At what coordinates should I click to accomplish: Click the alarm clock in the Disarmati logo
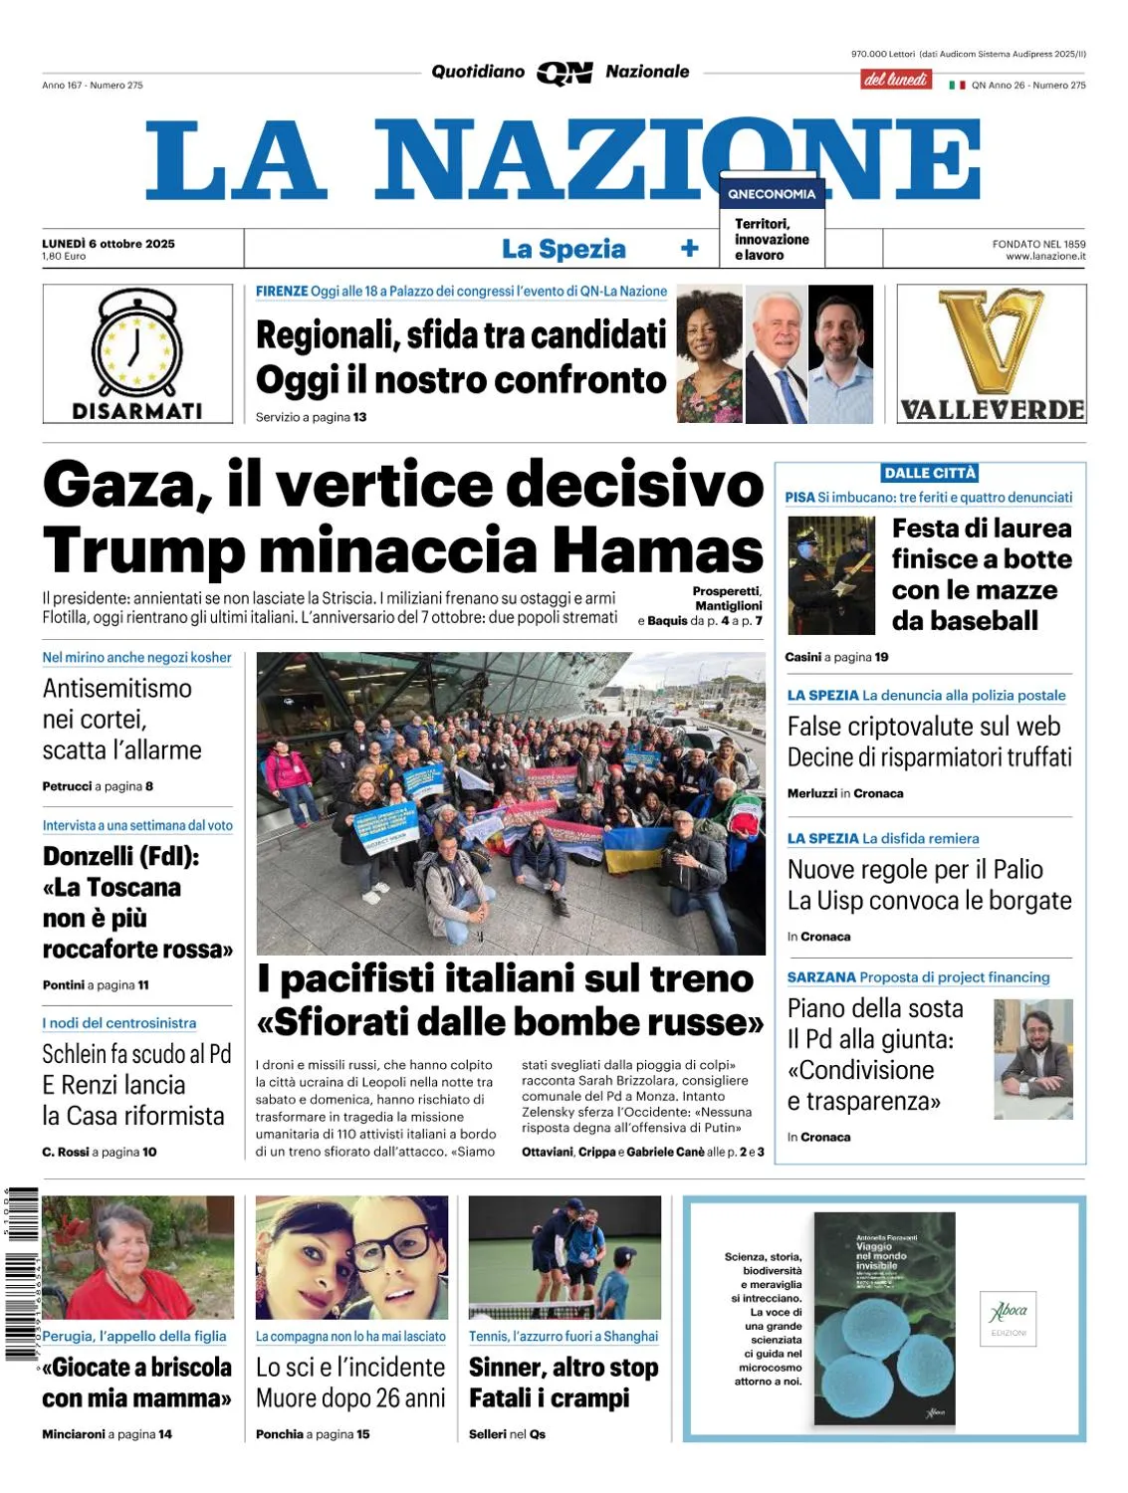pyautogui.click(x=137, y=343)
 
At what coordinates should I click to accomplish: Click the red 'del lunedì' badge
pyautogui.click(x=896, y=80)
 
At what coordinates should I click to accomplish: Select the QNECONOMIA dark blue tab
pyautogui.click(x=772, y=194)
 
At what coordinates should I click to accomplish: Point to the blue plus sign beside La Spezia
pyautogui.click(x=689, y=249)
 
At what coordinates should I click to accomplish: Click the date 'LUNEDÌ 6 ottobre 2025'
pyautogui.click(x=109, y=243)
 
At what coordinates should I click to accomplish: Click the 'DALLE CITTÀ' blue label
pyautogui.click(x=930, y=473)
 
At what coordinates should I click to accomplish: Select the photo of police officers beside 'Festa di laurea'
pyautogui.click(x=831, y=575)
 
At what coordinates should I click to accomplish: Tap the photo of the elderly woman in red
pyautogui.click(x=138, y=1257)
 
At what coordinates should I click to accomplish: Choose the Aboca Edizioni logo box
pyautogui.click(x=1009, y=1318)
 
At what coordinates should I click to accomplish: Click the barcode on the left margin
pyautogui.click(x=21, y=1274)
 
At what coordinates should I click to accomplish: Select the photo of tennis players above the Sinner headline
pyautogui.click(x=564, y=1257)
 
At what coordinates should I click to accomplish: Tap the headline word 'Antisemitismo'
pyautogui.click(x=117, y=688)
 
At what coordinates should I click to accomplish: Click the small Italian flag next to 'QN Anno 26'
pyautogui.click(x=957, y=86)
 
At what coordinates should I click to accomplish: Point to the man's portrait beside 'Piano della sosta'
pyautogui.click(x=1033, y=1059)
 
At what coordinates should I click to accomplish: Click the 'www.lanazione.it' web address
pyautogui.click(x=1045, y=257)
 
